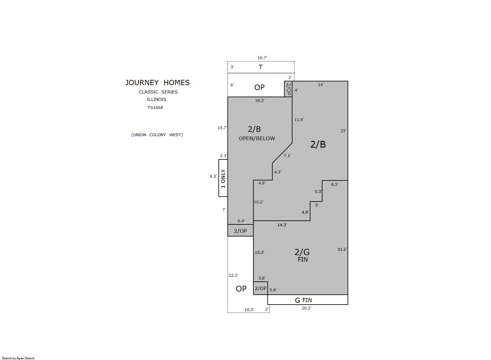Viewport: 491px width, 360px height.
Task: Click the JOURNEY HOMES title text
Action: pyautogui.click(x=157, y=83)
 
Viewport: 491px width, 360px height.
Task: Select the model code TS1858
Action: pyautogui.click(x=155, y=107)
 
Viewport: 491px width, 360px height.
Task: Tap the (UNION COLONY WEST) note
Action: pyautogui.click(x=157, y=135)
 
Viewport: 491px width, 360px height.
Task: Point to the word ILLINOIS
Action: pyautogui.click(x=156, y=99)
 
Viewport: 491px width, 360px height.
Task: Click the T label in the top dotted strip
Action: pyautogui.click(x=261, y=67)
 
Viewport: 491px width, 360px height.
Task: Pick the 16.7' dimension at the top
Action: pyautogui.click(x=262, y=58)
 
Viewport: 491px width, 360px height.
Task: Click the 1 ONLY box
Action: pyautogui.click(x=223, y=178)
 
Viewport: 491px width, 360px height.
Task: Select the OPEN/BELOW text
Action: pyautogui.click(x=257, y=138)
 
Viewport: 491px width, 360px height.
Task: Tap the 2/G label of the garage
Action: pyautogui.click(x=302, y=252)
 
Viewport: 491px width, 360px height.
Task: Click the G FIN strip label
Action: pyautogui.click(x=303, y=300)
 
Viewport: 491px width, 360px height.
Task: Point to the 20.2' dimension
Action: pyautogui.click(x=306, y=308)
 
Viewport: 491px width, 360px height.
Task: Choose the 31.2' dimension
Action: pyautogui.click(x=342, y=249)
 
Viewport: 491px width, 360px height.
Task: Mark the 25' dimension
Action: pyautogui.click(x=343, y=131)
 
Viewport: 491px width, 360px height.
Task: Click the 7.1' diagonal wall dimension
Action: pyautogui.click(x=287, y=155)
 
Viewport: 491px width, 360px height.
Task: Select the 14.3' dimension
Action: pyautogui.click(x=282, y=225)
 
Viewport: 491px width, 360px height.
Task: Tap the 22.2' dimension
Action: pyautogui.click(x=234, y=275)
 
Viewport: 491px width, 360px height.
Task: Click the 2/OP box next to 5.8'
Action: pyautogui.click(x=261, y=288)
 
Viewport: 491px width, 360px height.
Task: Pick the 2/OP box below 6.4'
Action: pyautogui.click(x=240, y=230)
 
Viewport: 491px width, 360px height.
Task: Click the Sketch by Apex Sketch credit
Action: pyautogui.click(x=18, y=358)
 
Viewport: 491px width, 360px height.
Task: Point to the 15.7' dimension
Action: pyautogui.click(x=222, y=128)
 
